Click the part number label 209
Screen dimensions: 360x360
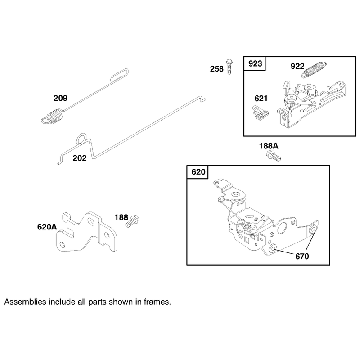pos(60,98)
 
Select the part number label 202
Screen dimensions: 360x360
pos(80,158)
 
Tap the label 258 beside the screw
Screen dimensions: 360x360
pos(217,69)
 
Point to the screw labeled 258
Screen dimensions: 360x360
pos(229,67)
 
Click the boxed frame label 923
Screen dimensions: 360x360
pos(255,63)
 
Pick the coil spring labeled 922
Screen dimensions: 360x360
pos(314,70)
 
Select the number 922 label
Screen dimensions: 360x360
pos(297,66)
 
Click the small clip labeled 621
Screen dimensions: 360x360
pos(261,112)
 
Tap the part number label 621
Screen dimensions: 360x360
pos(261,99)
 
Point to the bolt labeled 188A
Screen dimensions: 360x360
pos(274,156)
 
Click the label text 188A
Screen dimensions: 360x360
pos(269,146)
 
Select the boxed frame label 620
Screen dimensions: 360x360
pos(198,172)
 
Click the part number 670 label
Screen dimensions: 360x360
pos(302,256)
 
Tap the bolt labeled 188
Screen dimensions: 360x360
pos(133,221)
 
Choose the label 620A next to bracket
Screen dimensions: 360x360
pos(47,227)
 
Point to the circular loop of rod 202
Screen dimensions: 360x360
pos(81,139)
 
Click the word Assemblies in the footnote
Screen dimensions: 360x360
pos(25,301)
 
